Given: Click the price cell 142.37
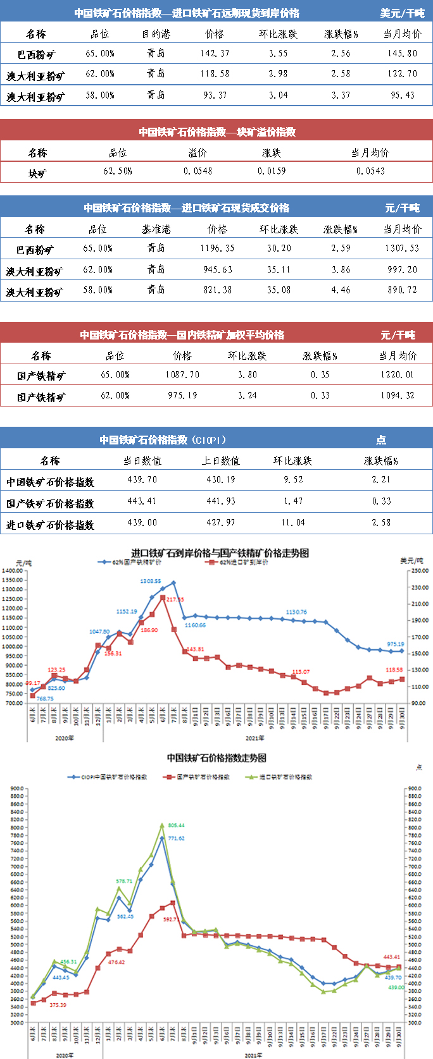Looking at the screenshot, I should coord(215,54).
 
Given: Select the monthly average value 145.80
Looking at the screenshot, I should coord(403,54).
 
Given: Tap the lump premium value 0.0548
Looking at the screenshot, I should coord(198,171).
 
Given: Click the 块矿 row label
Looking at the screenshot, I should coord(37,173).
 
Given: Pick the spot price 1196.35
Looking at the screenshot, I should coord(217,248).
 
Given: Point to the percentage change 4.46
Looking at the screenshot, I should coord(341,290).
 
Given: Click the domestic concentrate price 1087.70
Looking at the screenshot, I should coord(182,375).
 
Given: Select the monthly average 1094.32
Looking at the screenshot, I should coord(398,396).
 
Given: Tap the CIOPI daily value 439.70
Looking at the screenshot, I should coord(142,480).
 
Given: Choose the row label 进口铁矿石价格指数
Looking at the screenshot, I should coord(50,525).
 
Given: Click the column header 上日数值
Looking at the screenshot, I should coord(221,461).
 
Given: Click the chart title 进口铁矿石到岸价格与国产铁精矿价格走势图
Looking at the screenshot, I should coord(220,553).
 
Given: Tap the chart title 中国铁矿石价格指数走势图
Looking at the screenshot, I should coord(216,757).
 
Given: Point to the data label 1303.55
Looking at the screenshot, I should coord(150,581).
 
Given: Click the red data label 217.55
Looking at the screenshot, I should coord(175,599).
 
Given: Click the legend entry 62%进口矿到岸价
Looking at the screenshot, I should coord(244,562).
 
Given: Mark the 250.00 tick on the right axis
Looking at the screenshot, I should coord(420,571).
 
